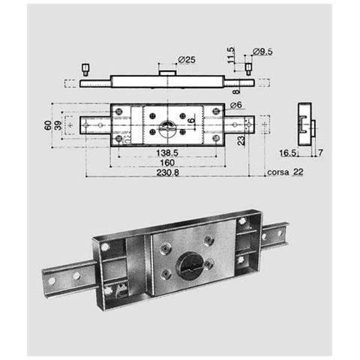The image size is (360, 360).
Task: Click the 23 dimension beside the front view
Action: (x=241, y=139)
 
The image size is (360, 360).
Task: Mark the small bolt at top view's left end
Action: (x=85, y=69)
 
